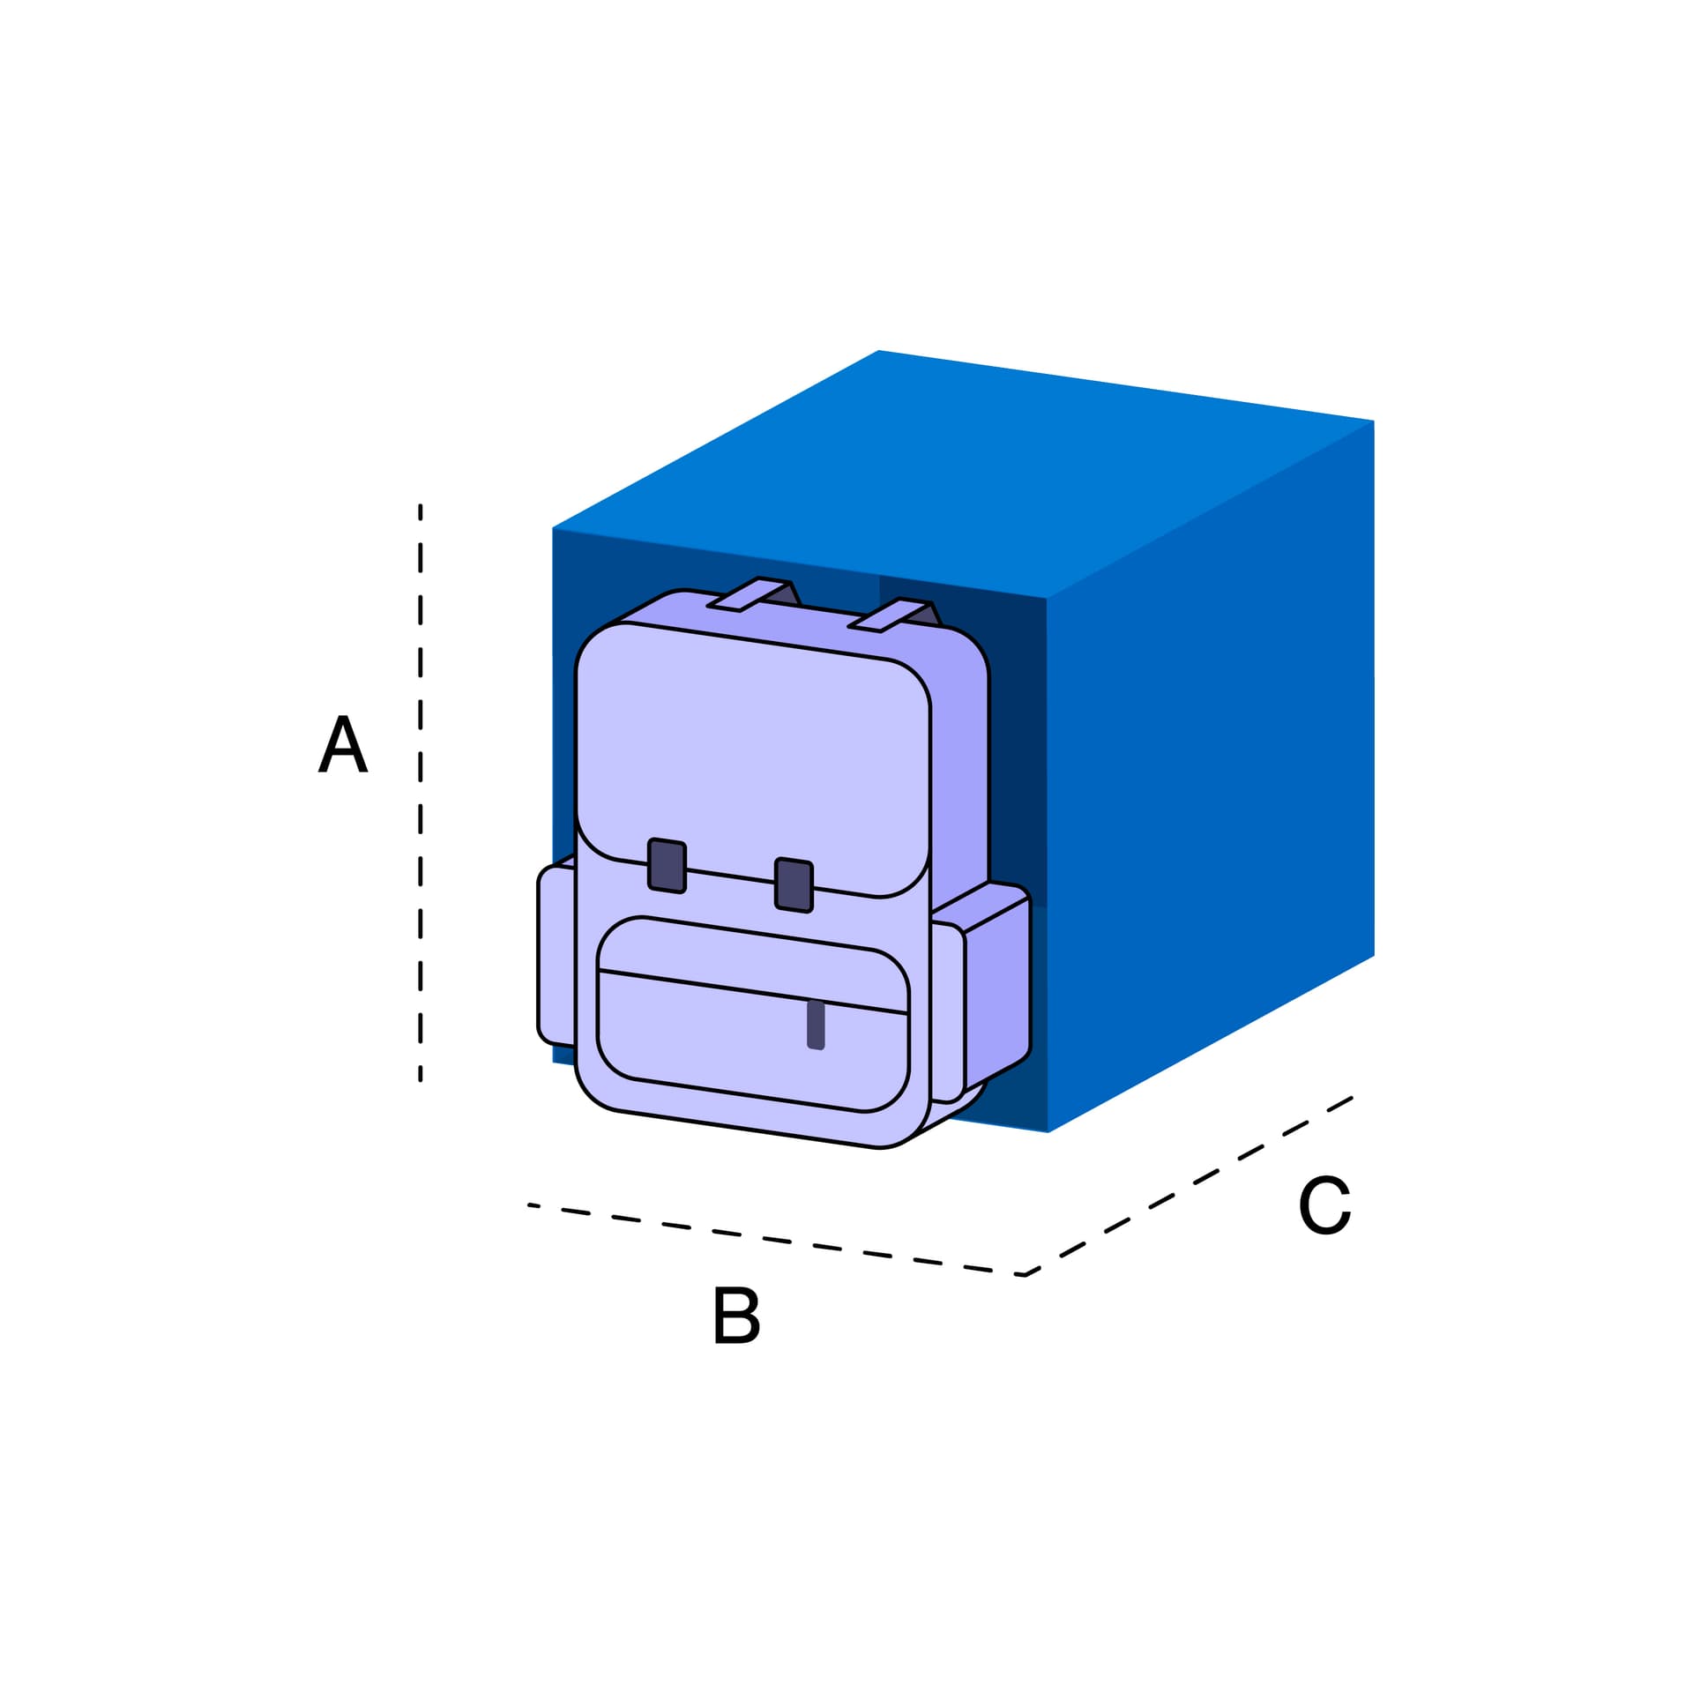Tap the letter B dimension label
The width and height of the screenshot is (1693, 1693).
pos(735,1315)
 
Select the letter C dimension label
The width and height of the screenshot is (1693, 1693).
pos(1324,1204)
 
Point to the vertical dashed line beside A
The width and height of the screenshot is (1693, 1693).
pos(421,792)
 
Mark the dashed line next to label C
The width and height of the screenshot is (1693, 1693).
pos(1189,1186)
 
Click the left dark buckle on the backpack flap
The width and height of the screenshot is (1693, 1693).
pos(667,865)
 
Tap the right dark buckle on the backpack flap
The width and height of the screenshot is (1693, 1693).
pos(794,884)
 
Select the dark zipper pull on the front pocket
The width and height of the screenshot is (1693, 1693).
pos(816,1025)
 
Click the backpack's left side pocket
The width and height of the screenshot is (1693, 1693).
pos(556,955)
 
